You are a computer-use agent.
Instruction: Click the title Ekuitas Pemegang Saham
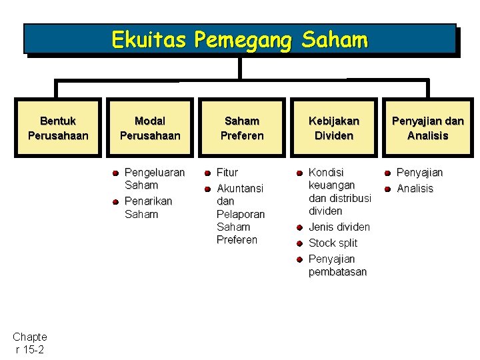click(x=239, y=40)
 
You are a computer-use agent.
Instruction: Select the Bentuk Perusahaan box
click(x=58, y=128)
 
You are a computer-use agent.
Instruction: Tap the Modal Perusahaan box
click(x=150, y=128)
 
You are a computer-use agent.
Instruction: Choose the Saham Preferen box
click(x=242, y=128)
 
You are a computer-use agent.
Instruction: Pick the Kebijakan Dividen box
click(x=333, y=128)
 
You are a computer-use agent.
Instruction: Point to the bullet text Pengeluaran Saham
click(x=154, y=179)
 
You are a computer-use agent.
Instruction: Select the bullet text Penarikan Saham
click(x=148, y=207)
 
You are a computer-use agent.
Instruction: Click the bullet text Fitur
click(x=227, y=172)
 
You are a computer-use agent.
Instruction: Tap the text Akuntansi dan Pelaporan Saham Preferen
click(x=240, y=214)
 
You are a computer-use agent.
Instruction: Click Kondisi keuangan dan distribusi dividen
click(x=339, y=191)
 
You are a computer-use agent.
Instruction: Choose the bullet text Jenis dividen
click(x=339, y=227)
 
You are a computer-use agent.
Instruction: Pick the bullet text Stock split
click(x=333, y=243)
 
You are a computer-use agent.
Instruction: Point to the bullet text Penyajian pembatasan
click(x=337, y=265)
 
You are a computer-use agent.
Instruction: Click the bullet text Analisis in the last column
click(x=415, y=189)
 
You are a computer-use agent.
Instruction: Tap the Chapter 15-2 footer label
click(x=29, y=343)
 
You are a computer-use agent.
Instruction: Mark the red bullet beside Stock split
click(x=300, y=243)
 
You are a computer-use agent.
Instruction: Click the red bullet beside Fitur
click(x=208, y=173)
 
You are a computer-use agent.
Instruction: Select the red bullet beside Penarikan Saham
click(x=115, y=201)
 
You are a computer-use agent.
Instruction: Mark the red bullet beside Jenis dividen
click(x=300, y=227)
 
